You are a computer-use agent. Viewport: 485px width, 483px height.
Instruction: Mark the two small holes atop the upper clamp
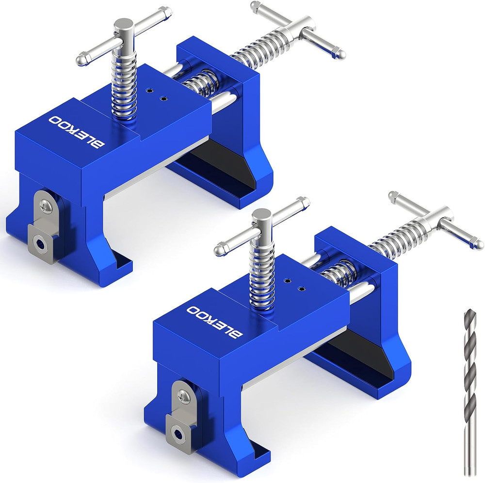157,94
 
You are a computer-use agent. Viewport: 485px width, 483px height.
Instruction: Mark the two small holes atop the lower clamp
294,285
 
